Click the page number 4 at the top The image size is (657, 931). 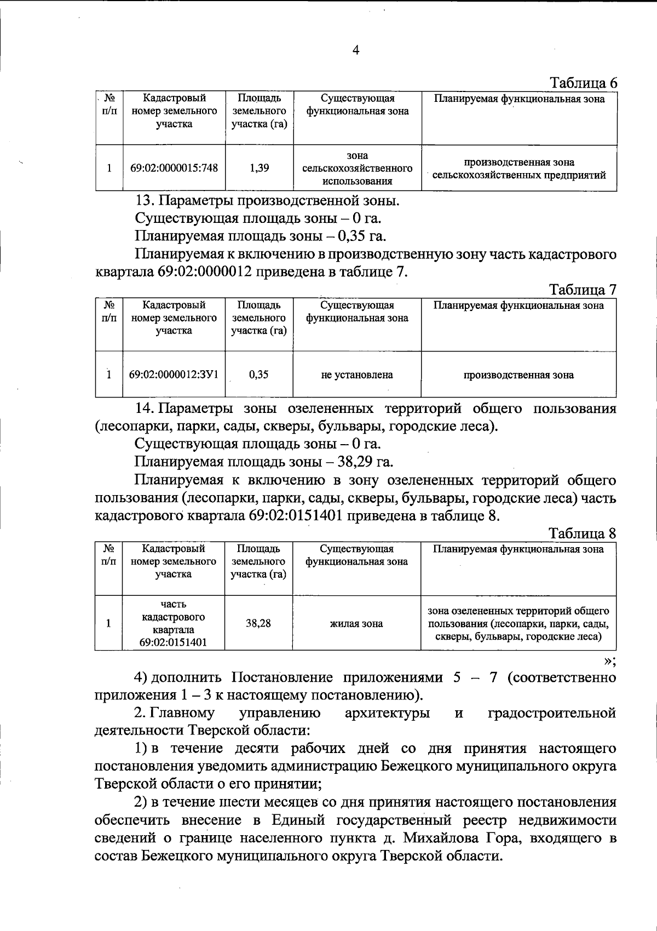click(x=356, y=50)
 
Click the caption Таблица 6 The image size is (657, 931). click(x=583, y=83)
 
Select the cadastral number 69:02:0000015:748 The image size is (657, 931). click(x=174, y=168)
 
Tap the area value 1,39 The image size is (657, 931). click(x=259, y=168)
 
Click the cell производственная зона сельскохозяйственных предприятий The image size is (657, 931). click(x=519, y=169)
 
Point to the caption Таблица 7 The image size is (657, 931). click(x=583, y=290)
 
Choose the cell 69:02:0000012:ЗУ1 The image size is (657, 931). click(x=174, y=375)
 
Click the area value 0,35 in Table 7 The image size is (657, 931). click(x=258, y=375)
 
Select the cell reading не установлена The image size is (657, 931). click(x=357, y=375)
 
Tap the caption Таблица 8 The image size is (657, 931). click(x=583, y=533)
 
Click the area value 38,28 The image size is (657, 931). click(x=258, y=623)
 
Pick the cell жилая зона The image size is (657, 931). click(x=356, y=623)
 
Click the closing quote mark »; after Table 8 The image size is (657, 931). click(x=610, y=661)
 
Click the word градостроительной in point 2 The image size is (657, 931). click(x=551, y=713)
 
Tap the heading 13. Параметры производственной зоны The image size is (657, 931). click(x=267, y=200)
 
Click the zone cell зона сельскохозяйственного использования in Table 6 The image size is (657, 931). click(x=357, y=168)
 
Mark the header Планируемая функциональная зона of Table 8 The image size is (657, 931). click(x=518, y=549)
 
